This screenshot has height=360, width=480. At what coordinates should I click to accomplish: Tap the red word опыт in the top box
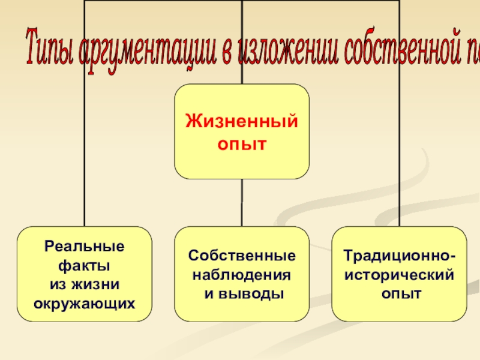click(x=242, y=145)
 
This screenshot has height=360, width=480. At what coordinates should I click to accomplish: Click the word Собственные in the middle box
click(x=242, y=256)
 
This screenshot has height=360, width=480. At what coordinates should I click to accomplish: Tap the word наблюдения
click(x=242, y=275)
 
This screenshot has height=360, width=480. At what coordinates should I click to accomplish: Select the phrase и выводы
click(x=242, y=293)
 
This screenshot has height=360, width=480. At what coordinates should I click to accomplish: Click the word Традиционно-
click(x=399, y=256)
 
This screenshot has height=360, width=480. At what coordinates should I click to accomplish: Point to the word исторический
click(x=399, y=275)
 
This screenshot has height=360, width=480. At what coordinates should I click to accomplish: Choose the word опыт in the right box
click(x=399, y=293)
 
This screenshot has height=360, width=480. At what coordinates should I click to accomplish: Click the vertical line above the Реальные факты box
click(x=85, y=150)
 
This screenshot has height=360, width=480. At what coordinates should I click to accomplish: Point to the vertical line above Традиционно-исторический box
click(x=399, y=150)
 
